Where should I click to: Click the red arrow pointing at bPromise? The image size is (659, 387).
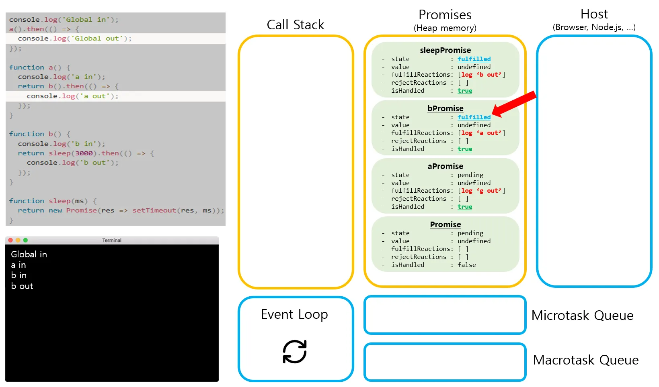514,104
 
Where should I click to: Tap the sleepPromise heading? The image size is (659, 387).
445,50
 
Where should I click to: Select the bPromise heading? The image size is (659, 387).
445,108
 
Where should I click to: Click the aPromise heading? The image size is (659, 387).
445,166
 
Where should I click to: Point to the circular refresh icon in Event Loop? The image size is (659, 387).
294,352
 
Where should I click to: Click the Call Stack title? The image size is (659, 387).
296,24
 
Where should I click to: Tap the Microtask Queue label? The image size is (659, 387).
582,316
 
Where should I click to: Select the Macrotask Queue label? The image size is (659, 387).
585,360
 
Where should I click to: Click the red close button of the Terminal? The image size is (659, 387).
10,240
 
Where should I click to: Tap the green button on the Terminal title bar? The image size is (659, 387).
26,240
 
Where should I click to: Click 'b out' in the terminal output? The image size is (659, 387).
22,286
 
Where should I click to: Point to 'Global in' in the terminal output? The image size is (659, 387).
29,254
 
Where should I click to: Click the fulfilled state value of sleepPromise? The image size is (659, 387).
474,59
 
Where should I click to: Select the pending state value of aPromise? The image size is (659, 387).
470,175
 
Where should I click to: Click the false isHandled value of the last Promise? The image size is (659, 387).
466,265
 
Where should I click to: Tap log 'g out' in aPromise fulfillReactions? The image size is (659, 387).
481,191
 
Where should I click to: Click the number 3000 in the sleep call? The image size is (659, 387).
84,153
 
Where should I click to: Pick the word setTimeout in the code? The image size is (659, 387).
154,210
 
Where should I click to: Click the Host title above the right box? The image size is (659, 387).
594,14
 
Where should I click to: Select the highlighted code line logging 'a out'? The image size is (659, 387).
72,96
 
